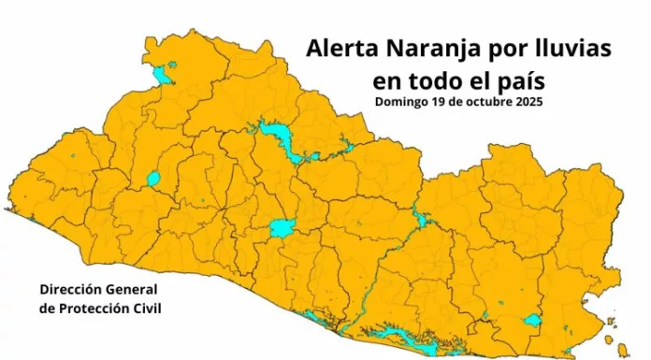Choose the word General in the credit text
[x=133, y=290]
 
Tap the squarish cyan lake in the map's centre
[x=281, y=227]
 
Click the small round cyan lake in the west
[x=153, y=179]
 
